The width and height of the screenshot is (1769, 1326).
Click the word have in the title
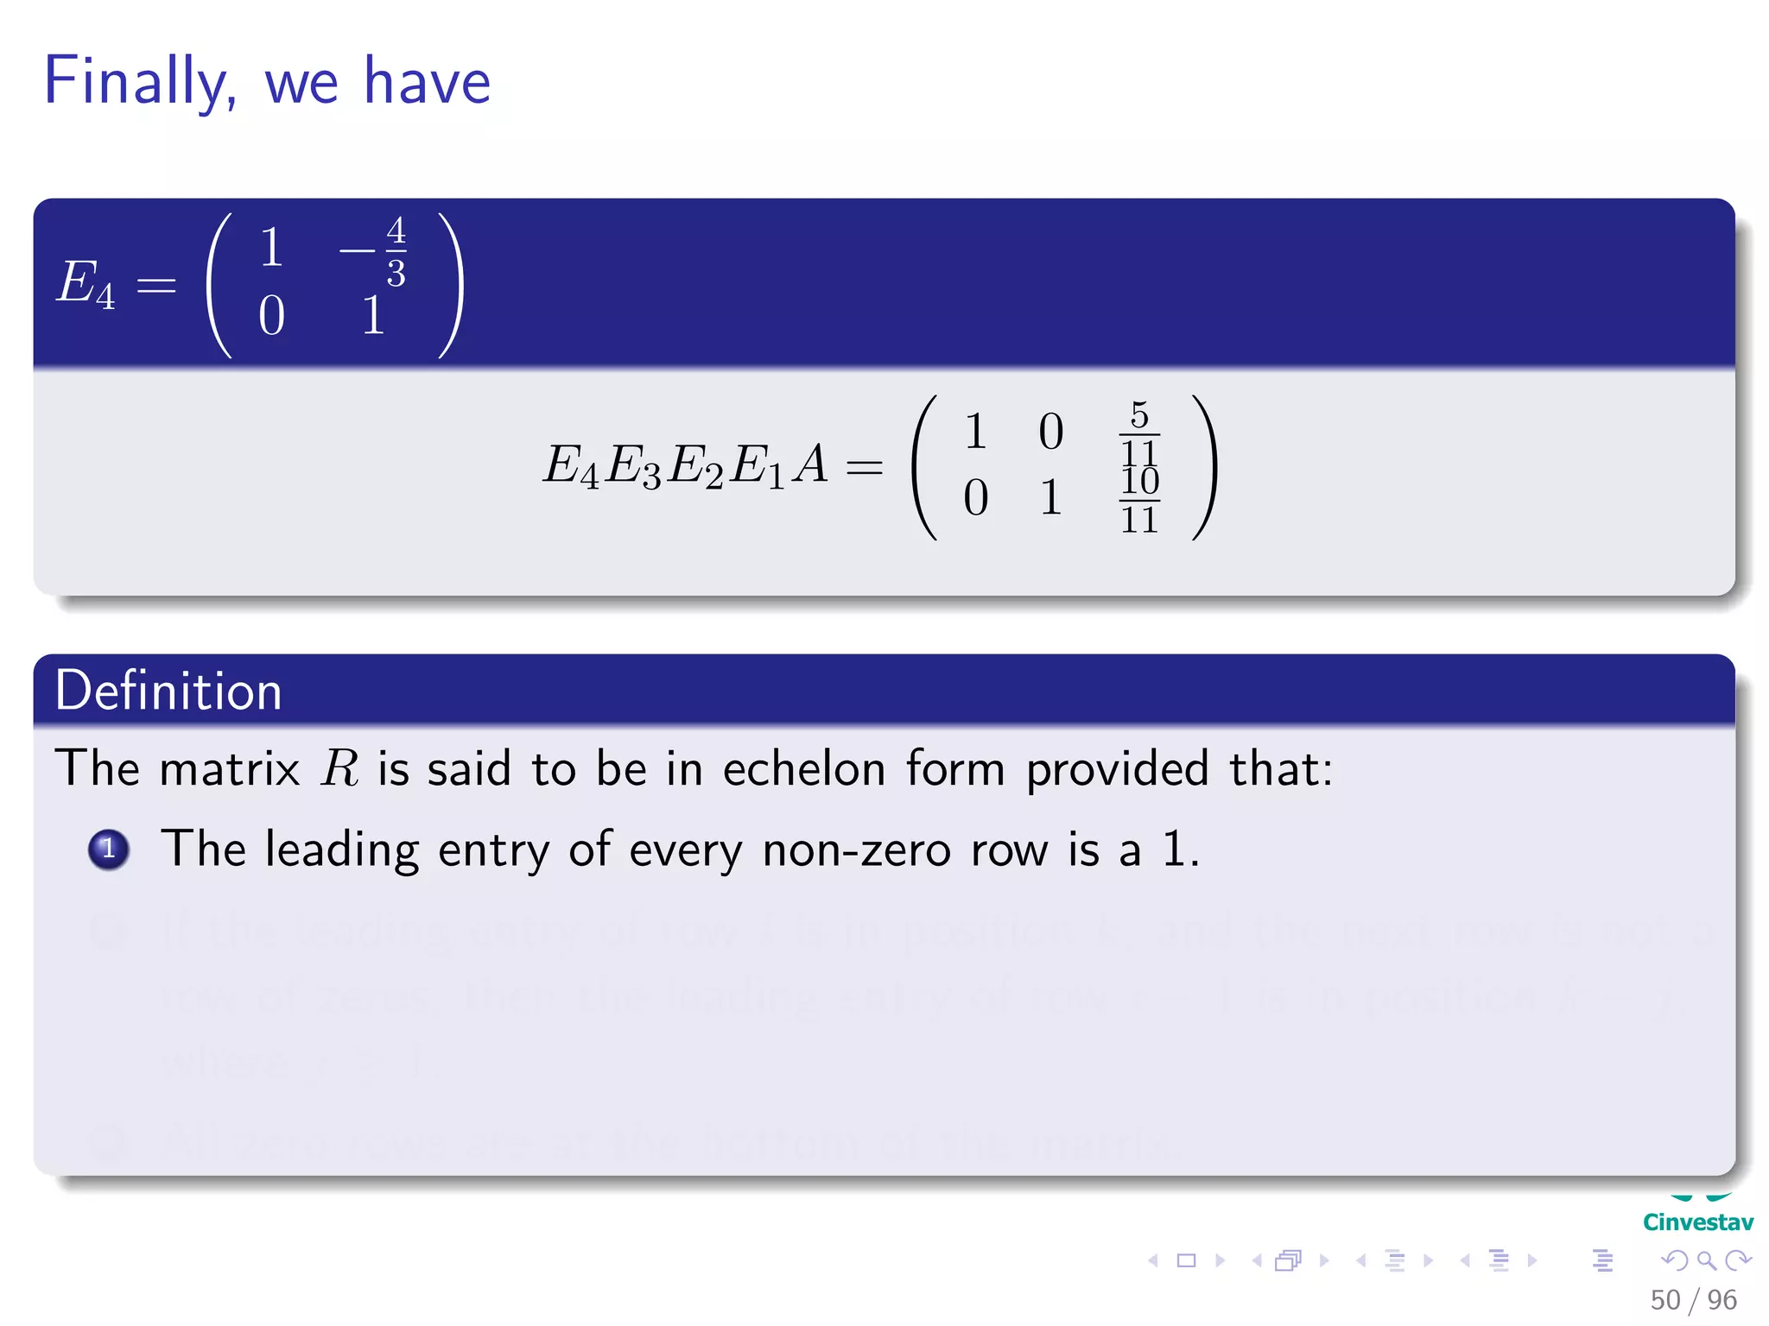(427, 82)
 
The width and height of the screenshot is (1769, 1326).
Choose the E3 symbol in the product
(633, 467)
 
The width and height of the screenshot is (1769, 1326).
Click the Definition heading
(168, 691)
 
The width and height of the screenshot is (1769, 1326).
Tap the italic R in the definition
(339, 767)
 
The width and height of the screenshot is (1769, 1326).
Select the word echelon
(804, 767)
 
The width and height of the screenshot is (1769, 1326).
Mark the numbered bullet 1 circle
(109, 849)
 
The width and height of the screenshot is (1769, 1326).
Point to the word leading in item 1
(341, 850)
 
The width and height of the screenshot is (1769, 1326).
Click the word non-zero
(856, 850)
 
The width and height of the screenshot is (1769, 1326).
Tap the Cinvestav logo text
(1697, 1222)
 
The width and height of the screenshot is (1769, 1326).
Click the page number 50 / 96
(1693, 1300)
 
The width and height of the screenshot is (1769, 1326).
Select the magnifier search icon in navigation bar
(1706, 1260)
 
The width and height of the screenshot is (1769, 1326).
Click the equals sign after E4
(156, 285)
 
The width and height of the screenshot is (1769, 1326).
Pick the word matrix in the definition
(230, 767)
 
